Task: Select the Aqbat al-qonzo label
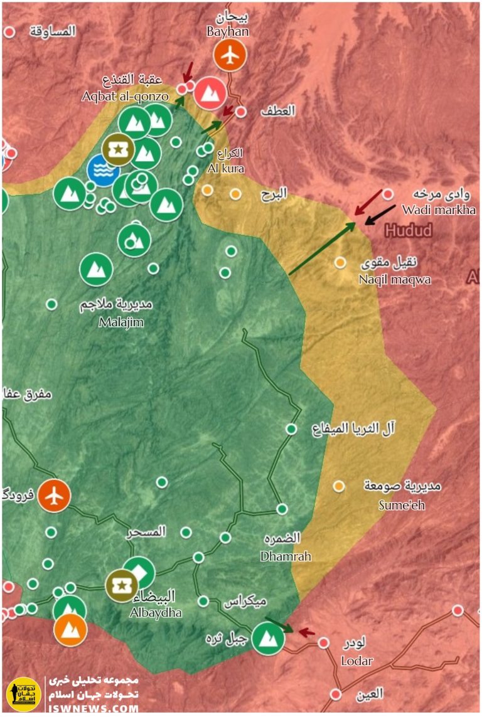pyautogui.click(x=125, y=97)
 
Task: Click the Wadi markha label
pyautogui.click(x=439, y=210)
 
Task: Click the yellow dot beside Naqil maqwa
pyautogui.click(x=340, y=263)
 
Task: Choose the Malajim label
pyautogui.click(x=121, y=322)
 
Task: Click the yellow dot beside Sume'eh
pyautogui.click(x=339, y=486)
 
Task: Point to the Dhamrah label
pyautogui.click(x=285, y=556)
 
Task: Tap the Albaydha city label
pyautogui.click(x=157, y=612)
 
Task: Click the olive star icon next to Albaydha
pyautogui.click(x=121, y=585)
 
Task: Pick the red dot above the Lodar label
pyautogui.click(x=324, y=643)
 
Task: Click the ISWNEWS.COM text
pyautogui.click(x=94, y=708)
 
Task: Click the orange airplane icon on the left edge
pyautogui.click(x=54, y=496)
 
